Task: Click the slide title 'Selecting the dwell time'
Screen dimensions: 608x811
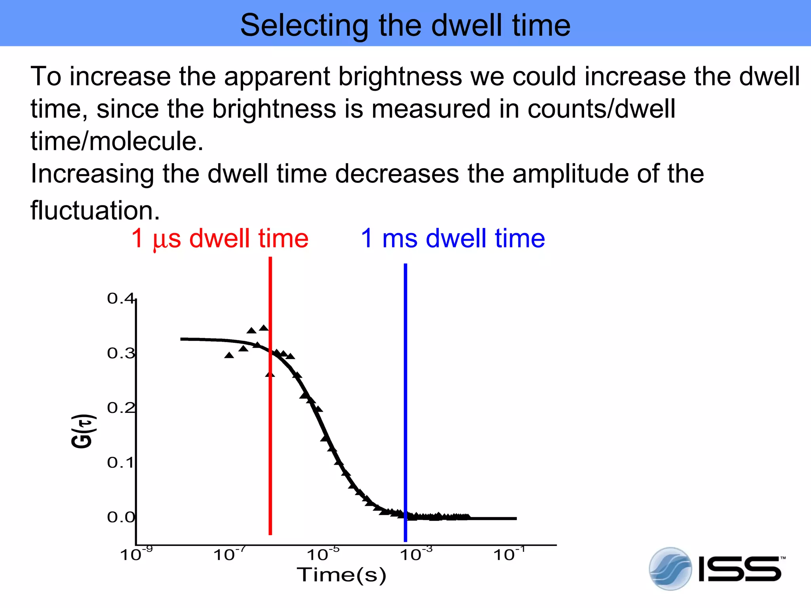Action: point(405,25)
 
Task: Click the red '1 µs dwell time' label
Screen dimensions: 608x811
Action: point(220,238)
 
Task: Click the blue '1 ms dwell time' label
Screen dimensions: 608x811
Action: point(453,238)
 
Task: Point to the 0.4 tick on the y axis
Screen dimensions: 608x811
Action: point(120,298)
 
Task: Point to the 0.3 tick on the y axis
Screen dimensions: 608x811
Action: point(120,353)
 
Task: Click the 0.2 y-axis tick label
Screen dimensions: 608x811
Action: point(120,408)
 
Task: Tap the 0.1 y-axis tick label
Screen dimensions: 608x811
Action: point(120,462)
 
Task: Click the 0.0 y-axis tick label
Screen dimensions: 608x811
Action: point(120,517)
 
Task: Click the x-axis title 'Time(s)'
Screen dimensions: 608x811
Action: point(341,575)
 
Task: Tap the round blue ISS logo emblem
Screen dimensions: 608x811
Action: point(670,569)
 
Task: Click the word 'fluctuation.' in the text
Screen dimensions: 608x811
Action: point(95,210)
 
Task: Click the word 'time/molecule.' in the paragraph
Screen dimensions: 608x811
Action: point(117,141)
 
